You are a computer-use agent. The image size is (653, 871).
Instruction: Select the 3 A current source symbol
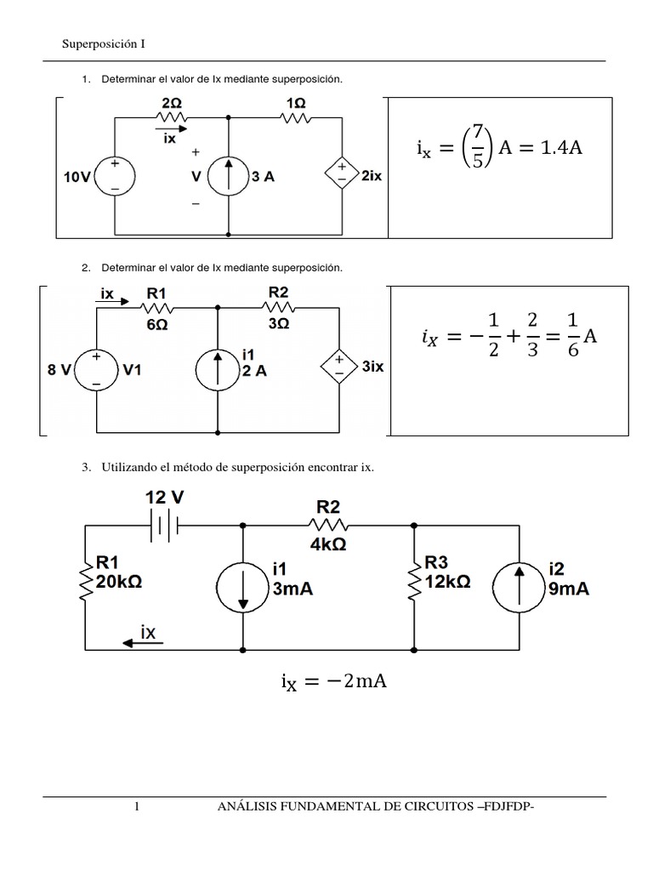coord(228,178)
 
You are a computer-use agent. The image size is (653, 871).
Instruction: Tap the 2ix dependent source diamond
coord(342,178)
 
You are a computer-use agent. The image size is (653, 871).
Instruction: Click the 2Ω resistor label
coord(171,102)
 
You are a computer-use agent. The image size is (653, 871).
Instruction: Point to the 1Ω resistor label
coord(295,102)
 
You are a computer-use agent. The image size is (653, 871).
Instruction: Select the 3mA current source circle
coord(244,585)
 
